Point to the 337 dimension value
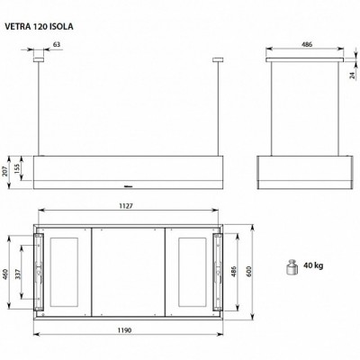[20, 274]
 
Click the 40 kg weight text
[314, 266]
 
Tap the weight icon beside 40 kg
[292, 266]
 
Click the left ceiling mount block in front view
[39, 61]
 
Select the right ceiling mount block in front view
[217, 61]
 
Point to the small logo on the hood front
[129, 188]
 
